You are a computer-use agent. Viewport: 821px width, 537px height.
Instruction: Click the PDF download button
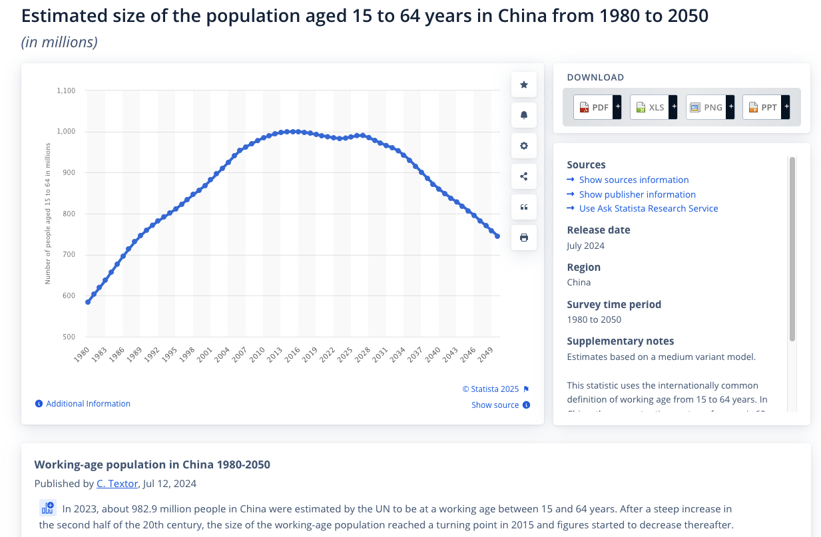(x=593, y=107)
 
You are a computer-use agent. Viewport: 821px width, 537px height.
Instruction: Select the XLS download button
(x=649, y=107)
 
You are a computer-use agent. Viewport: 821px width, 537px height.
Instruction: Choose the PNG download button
(x=706, y=107)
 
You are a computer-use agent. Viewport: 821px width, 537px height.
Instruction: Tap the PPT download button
(x=762, y=107)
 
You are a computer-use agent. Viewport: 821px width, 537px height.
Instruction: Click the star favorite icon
(x=524, y=85)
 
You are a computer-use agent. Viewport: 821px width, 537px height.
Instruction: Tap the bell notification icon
(x=524, y=115)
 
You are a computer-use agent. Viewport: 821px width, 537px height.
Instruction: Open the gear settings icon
(x=524, y=146)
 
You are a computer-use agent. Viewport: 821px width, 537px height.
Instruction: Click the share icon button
(x=524, y=176)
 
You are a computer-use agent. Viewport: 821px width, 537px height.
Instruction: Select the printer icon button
(x=524, y=238)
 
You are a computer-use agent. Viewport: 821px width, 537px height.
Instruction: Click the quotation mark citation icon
(x=524, y=207)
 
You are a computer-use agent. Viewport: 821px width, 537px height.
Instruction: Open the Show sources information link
(x=633, y=180)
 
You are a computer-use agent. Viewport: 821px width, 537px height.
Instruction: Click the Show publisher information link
(x=637, y=194)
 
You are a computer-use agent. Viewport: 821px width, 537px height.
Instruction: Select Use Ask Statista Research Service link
(x=648, y=208)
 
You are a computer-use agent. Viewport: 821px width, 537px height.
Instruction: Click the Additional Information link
(x=88, y=404)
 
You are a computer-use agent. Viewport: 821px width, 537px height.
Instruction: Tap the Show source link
(x=495, y=405)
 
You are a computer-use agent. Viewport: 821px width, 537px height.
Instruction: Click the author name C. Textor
(x=117, y=484)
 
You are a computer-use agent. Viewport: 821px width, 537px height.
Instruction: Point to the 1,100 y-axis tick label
(x=66, y=90)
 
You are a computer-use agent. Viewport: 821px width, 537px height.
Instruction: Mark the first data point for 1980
(x=88, y=302)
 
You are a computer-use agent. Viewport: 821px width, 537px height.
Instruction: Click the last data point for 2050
(x=497, y=236)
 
